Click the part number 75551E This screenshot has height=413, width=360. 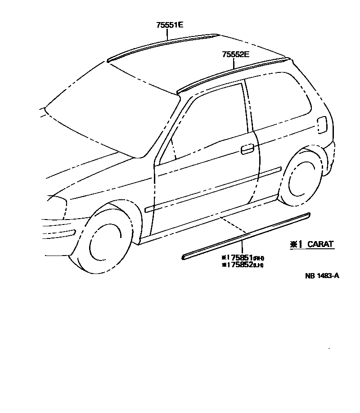[x=170, y=25]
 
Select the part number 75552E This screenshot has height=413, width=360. [x=235, y=54]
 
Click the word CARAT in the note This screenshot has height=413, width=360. [x=320, y=244]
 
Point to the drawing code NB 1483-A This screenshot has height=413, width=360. [x=322, y=276]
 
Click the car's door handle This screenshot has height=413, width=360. [x=247, y=149]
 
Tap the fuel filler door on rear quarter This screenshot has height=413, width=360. [x=322, y=125]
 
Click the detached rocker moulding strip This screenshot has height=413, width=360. [x=247, y=236]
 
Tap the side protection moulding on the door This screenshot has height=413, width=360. [x=211, y=189]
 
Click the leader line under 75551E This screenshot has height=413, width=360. [x=169, y=35]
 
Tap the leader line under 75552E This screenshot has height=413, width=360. [x=234, y=64]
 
